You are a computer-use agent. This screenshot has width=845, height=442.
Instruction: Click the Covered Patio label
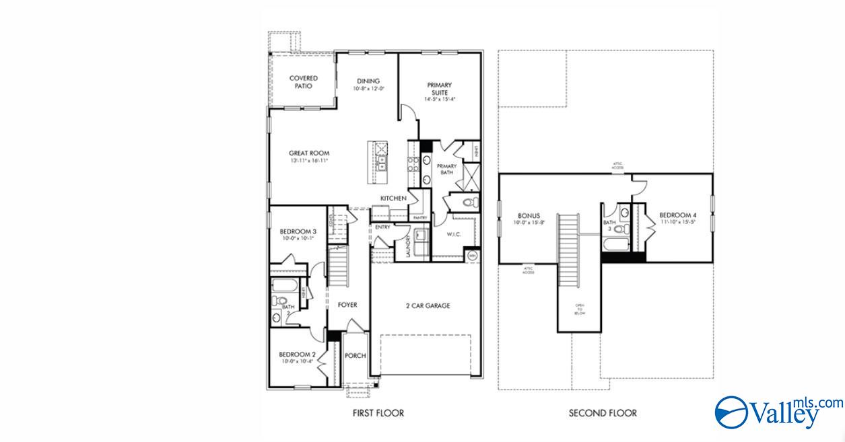point(304,82)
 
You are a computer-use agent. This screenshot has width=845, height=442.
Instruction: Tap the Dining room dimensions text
point(368,89)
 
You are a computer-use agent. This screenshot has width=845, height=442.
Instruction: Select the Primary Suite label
point(439,88)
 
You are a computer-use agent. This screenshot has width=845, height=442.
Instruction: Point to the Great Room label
point(309,153)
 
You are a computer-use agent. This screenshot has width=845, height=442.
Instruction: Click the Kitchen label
point(393,198)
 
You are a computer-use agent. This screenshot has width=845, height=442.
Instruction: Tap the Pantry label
point(421,218)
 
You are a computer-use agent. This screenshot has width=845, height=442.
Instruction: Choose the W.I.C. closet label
point(453,235)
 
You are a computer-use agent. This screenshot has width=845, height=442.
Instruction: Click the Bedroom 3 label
point(298,232)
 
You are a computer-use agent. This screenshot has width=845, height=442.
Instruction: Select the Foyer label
point(347,305)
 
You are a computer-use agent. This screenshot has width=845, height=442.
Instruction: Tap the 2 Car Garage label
point(428,305)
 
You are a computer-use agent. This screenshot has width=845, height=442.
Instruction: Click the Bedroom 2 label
point(297,355)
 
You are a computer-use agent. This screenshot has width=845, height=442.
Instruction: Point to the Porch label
point(355,356)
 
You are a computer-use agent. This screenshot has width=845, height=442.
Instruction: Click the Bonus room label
point(529,216)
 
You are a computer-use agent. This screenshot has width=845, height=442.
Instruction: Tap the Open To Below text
point(579,309)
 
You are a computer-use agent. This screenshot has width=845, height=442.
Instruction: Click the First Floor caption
point(378,412)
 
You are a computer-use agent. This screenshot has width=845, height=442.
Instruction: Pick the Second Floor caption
point(603,412)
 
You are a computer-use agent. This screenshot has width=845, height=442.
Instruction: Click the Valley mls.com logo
point(778,410)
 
